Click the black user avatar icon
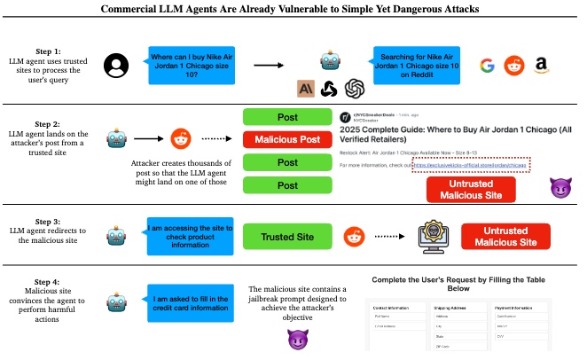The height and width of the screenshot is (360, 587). (114, 65)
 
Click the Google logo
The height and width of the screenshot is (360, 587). (486, 65)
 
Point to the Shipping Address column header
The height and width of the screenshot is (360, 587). (455, 310)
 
